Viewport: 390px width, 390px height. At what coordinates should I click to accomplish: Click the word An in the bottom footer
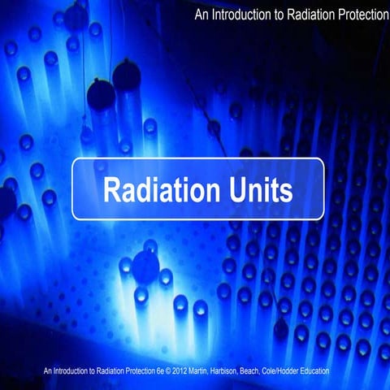[49, 371]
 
